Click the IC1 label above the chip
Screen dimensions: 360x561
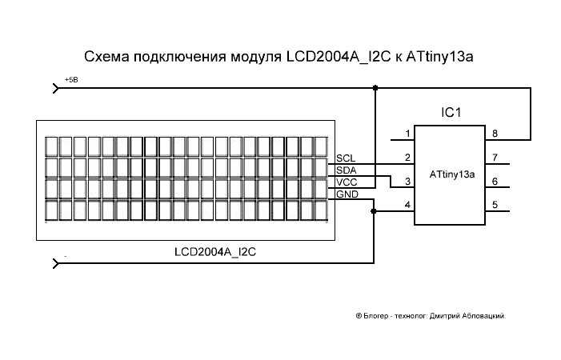point(452,113)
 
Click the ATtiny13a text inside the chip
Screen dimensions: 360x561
point(452,174)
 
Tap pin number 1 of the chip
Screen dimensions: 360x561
point(407,133)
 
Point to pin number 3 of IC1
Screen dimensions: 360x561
point(407,182)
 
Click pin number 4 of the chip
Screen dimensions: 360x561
point(407,206)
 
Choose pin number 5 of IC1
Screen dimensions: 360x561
point(495,206)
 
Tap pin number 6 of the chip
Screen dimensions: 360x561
point(495,182)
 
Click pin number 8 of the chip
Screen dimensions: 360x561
point(495,133)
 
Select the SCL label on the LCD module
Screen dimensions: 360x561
point(346,158)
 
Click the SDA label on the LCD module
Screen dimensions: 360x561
point(346,170)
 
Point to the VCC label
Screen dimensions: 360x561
point(346,182)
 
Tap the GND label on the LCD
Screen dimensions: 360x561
point(347,194)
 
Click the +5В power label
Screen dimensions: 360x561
point(71,81)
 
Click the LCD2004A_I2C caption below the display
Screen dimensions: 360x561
point(214,251)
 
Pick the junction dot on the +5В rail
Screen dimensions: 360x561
point(375,88)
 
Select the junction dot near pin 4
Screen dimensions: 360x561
point(374,212)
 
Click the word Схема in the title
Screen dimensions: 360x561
point(106,58)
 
